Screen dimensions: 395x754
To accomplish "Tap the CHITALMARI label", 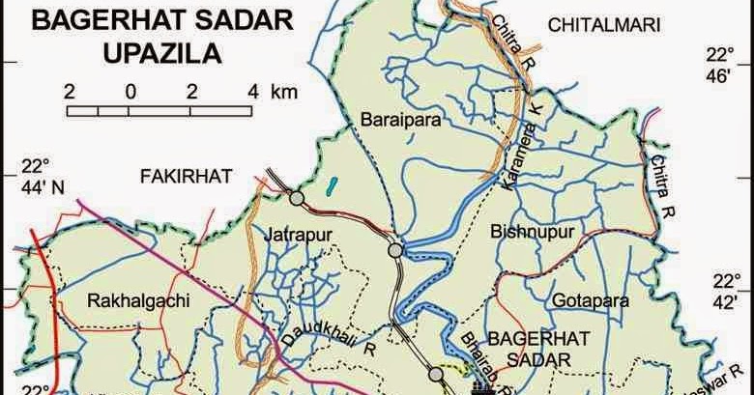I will coord(605,26).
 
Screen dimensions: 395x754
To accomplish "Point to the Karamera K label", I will coord(522,146).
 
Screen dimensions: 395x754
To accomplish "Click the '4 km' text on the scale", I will coord(272,92).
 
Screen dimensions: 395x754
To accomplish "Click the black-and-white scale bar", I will coord(162,110).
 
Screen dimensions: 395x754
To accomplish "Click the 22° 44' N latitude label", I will coord(43,176).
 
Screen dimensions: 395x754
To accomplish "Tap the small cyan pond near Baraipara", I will coord(332,183).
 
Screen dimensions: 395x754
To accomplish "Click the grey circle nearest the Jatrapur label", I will coord(297,199).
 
